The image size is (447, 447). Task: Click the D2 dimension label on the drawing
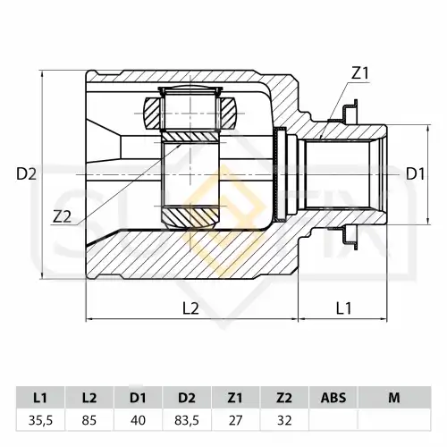pyautogui.click(x=26, y=174)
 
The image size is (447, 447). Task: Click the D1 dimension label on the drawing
pyautogui.click(x=416, y=174)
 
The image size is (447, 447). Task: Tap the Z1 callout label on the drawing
pyautogui.click(x=360, y=73)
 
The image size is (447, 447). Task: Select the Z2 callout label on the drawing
pyautogui.click(x=63, y=217)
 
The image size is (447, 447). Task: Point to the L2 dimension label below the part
pyautogui.click(x=190, y=308)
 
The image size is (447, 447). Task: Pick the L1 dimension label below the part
pyautogui.click(x=344, y=308)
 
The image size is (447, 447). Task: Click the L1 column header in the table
pyautogui.click(x=40, y=398)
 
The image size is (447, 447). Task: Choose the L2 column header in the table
pyautogui.click(x=89, y=398)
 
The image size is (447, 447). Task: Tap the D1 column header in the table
pyautogui.click(x=138, y=398)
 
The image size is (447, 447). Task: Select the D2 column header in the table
pyautogui.click(x=187, y=398)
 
